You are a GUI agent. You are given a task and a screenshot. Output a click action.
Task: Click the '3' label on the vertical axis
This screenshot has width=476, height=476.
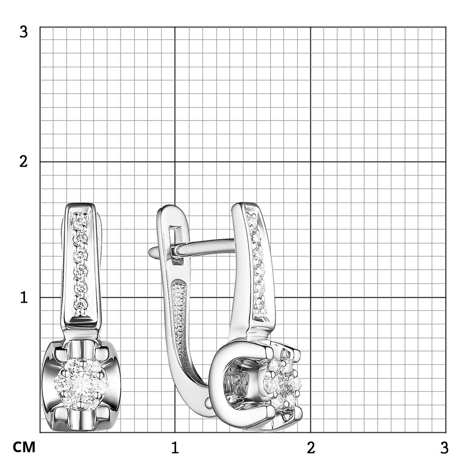pos(23,32)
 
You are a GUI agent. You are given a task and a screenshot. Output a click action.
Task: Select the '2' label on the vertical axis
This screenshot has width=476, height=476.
pos(23,162)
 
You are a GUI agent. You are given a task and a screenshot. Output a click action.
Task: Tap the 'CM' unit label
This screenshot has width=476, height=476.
pos(24,447)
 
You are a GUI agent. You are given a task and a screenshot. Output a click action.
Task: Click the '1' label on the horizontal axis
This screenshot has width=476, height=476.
pos(175,447)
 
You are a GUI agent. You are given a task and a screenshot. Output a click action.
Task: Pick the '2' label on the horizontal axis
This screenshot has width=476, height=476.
pos(311,447)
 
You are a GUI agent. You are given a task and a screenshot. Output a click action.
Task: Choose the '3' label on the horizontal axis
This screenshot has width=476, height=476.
pos(444,447)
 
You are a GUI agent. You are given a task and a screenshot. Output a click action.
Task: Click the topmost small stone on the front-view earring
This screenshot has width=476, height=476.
pos(80,219)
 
